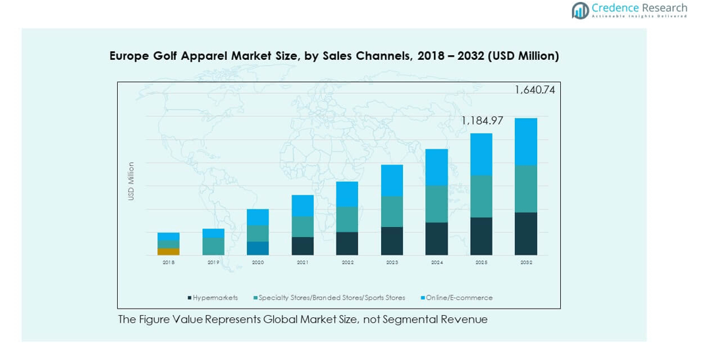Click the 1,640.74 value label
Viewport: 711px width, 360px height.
pos(535,90)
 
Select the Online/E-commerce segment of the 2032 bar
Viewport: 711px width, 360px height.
pos(526,141)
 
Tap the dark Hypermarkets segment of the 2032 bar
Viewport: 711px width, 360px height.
pos(526,234)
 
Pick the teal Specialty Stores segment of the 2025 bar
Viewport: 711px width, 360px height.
pos(481,196)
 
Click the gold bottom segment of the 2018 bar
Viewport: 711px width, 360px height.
pos(169,251)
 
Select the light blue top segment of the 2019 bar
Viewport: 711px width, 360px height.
pos(213,233)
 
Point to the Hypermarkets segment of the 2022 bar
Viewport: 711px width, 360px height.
pos(347,243)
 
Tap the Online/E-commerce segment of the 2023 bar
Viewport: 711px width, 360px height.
pos(392,180)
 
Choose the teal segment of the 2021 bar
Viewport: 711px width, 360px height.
pos(303,226)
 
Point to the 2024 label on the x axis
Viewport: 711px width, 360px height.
pos(436,263)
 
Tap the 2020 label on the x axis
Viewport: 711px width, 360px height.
pos(257,263)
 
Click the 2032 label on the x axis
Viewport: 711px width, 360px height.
pos(526,263)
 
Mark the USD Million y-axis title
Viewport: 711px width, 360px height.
pos(131,181)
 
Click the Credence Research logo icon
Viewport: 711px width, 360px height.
pos(580,10)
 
